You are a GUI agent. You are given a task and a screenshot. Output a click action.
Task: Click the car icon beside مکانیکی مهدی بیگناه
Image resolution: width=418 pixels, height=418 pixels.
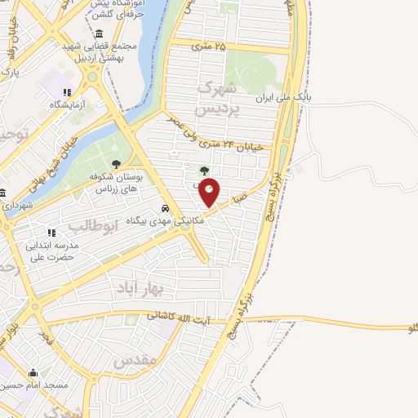(x=166, y=208)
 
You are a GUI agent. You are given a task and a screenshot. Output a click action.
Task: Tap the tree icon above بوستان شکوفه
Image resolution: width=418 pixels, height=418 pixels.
(x=116, y=163)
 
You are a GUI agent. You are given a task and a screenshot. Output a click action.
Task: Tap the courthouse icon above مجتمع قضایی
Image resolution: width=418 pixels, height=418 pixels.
(x=99, y=34)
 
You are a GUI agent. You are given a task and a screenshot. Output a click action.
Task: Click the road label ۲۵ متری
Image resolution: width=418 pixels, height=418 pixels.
(x=207, y=46)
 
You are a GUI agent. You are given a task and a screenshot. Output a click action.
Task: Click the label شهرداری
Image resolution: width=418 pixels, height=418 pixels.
(x=17, y=206)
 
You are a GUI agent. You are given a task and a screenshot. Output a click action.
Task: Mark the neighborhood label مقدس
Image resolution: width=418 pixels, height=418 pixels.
(x=135, y=360)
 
